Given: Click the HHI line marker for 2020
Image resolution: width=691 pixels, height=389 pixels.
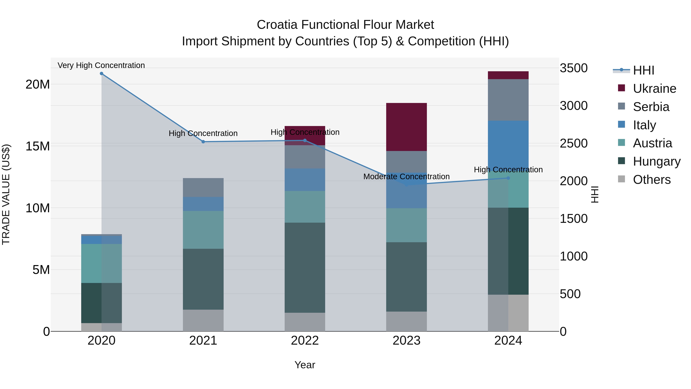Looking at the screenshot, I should point(101,74).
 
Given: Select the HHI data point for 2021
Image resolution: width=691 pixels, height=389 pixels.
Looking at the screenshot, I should point(203,142).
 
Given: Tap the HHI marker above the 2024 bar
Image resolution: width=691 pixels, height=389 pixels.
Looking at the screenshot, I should point(508,178).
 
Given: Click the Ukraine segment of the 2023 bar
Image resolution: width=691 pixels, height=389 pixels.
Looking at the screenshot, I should point(406,127).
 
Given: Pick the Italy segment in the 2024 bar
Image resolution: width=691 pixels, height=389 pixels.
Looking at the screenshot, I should point(508,145).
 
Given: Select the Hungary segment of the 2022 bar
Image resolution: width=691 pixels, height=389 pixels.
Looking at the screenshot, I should point(305,267).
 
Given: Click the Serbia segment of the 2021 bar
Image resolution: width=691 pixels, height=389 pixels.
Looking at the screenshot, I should point(203,187).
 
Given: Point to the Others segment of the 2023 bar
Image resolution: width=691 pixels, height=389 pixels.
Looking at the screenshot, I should point(406,321).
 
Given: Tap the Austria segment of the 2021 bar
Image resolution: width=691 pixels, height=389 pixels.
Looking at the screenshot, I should point(203,230).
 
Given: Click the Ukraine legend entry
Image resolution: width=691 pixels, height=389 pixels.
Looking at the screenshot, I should point(654,89).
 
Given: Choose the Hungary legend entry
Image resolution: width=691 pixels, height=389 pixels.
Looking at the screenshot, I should point(656,161).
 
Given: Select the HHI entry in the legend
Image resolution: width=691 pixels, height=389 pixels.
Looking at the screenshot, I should point(643,70).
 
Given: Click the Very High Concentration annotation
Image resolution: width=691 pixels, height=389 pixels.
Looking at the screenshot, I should point(101,65).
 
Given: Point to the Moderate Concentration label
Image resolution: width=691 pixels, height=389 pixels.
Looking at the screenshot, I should point(406,177).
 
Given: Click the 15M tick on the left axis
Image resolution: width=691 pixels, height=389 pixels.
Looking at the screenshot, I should point(38,146).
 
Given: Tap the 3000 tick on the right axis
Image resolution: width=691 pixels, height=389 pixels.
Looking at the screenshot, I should point(574,106).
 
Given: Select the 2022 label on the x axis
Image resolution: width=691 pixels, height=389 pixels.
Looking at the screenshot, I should point(305,341).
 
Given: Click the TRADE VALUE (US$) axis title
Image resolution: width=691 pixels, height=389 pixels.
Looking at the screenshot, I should point(6,194).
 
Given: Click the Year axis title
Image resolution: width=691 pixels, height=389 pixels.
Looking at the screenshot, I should point(305,365).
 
